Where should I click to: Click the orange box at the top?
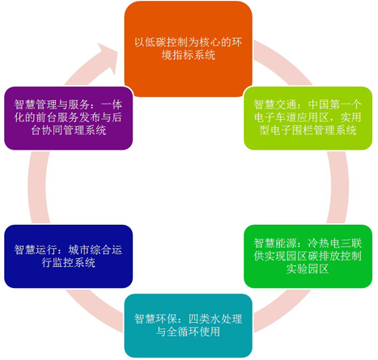188,49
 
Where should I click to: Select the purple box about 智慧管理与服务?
69,118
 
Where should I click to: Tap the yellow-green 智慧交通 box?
308,118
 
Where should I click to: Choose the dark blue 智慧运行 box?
69,256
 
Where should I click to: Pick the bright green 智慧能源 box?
308,256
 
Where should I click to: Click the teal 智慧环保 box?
188,325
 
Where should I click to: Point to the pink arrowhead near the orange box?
108,58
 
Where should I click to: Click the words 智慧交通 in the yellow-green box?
275,104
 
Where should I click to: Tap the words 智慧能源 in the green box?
275,243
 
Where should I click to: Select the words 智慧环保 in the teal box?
155,319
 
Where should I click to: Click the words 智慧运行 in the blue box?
36,250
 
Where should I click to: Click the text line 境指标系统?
188,55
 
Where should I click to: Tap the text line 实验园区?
308,269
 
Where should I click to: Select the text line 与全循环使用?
188,332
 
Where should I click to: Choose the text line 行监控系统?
68,263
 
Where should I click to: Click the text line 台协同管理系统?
68,130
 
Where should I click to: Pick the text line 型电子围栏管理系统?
308,130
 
